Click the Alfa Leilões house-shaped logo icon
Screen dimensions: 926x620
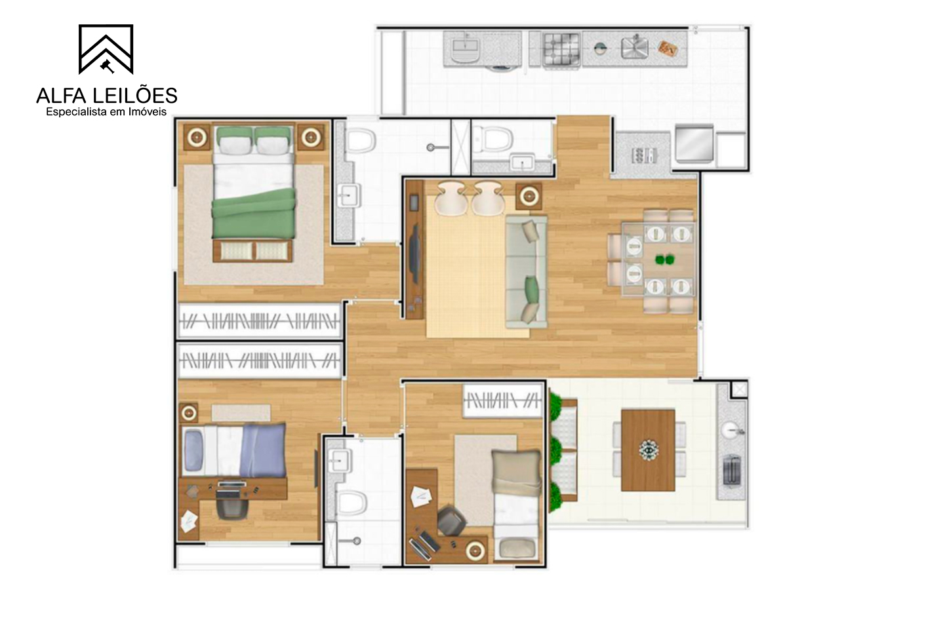click(106, 49)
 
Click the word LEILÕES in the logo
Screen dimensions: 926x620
click(136, 96)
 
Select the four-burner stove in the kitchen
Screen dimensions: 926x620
click(561, 50)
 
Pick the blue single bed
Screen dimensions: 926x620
click(234, 450)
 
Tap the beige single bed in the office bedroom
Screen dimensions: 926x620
click(517, 506)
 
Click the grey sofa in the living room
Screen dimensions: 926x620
click(526, 272)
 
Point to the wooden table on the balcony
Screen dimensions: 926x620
click(648, 450)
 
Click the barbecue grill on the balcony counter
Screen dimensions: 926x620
click(732, 470)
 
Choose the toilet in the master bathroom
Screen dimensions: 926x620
click(360, 140)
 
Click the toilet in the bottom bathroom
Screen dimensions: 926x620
click(351, 503)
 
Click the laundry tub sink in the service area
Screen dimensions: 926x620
click(466, 50)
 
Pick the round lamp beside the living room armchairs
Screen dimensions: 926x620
click(529, 196)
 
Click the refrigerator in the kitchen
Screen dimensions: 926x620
click(694, 144)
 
